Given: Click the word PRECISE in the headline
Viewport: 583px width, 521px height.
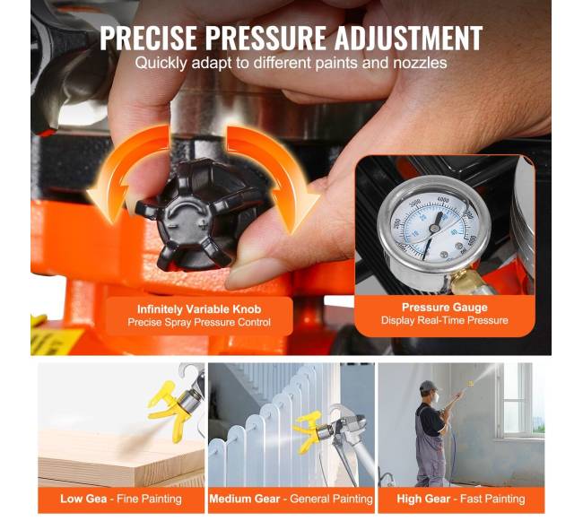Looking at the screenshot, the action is tap(148, 38).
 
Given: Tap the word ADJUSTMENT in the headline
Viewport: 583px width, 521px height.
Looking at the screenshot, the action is tap(408, 38).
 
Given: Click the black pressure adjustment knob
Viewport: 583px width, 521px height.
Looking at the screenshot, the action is tap(200, 214).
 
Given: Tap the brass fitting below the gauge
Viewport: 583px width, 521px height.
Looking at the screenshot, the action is tap(460, 280).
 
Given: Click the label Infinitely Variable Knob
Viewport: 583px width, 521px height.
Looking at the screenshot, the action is tap(199, 309).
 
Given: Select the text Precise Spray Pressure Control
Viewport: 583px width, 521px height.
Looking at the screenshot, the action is tap(199, 322).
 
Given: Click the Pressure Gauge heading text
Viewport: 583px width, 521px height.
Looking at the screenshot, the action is tap(445, 308).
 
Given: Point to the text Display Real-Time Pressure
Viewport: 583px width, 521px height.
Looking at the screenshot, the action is tap(445, 320).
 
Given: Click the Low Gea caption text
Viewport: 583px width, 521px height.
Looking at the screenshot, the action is tap(83, 499).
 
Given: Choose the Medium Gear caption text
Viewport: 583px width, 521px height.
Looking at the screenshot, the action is tap(244, 499).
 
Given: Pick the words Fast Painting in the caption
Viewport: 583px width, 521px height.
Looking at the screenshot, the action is tap(492, 499).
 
